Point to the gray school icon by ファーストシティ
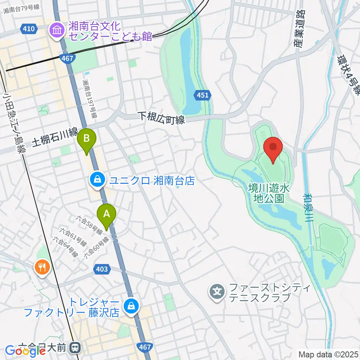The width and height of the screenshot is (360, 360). pyautogui.click(x=217, y=291)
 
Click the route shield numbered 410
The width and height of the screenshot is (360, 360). pyautogui.click(x=30, y=29)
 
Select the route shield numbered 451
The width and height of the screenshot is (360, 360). pyautogui.click(x=202, y=95)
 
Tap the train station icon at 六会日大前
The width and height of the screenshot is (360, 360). pyautogui.click(x=76, y=348)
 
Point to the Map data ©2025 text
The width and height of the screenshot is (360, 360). pyautogui.click(x=328, y=354)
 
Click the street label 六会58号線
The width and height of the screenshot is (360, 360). pyautogui.click(x=89, y=224)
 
